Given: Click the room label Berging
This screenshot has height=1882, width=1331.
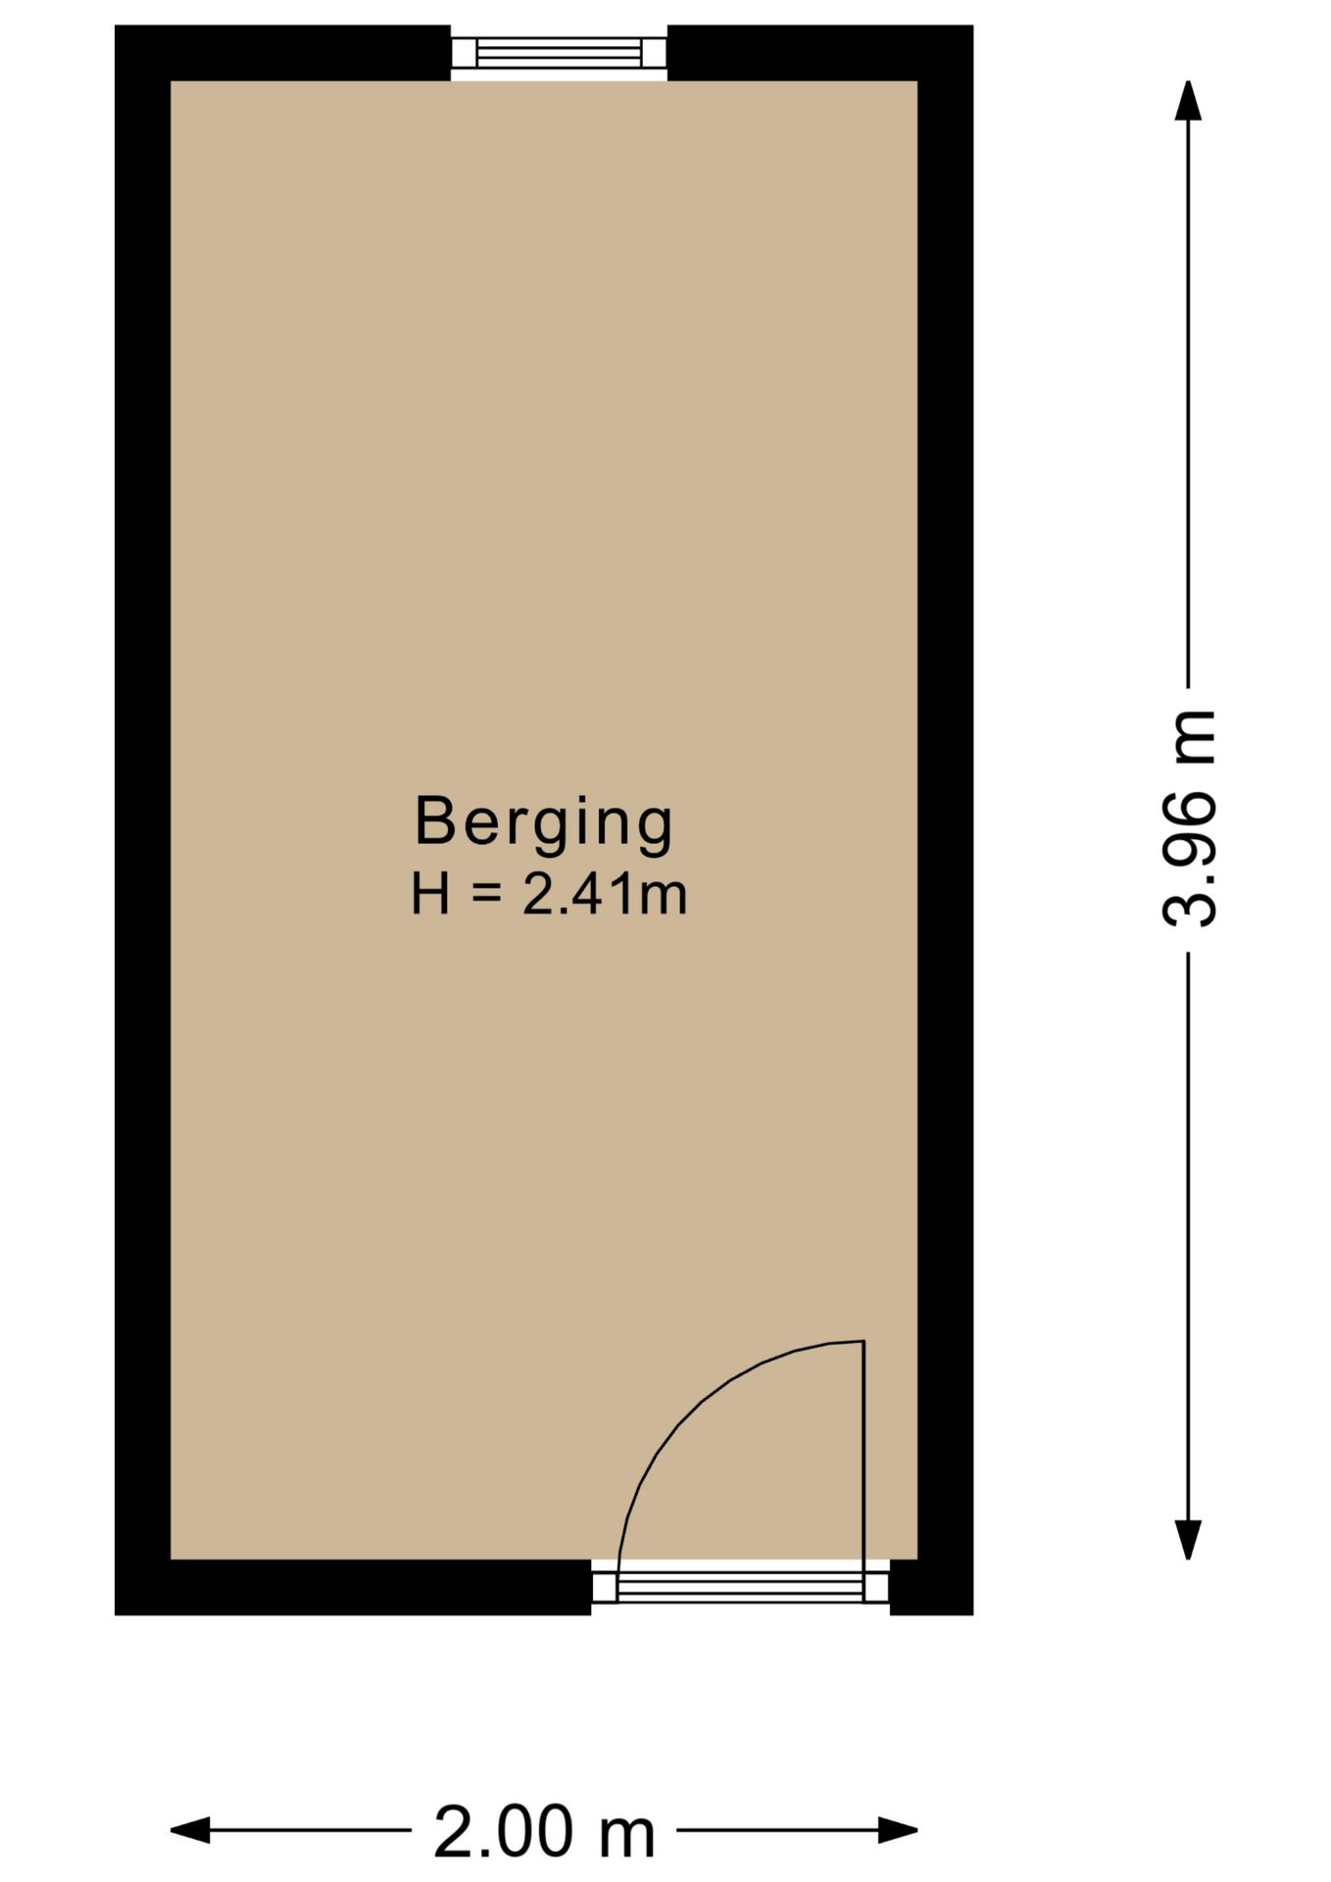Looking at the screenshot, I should (544, 821).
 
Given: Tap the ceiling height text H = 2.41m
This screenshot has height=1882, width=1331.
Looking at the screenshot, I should (548, 895).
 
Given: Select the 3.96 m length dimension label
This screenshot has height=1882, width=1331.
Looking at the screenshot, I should (1190, 819).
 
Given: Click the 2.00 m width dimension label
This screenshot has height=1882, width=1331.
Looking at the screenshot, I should (544, 1832).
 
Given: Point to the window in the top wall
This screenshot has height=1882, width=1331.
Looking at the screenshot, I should (559, 53).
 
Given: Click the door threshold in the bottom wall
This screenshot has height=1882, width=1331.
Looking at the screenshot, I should (740, 1585).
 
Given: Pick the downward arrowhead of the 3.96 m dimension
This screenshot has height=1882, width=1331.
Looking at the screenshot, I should (1189, 1538).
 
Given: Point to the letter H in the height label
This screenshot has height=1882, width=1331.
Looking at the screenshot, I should (430, 895).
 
